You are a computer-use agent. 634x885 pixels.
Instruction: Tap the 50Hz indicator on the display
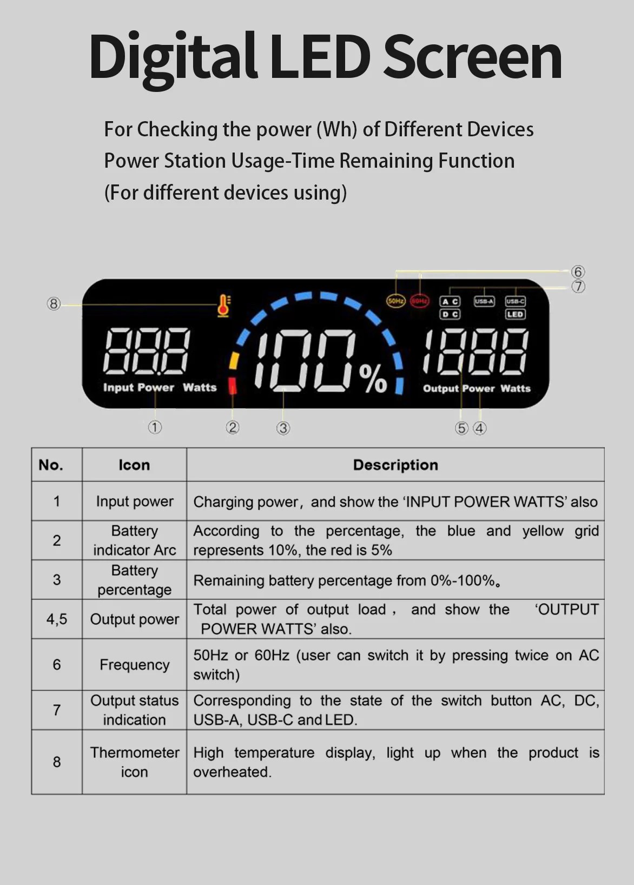tap(395, 301)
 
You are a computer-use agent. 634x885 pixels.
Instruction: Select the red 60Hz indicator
tap(419, 301)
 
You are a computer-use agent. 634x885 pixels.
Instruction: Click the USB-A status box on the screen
tap(484, 301)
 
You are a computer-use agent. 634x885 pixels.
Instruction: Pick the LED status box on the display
tap(515, 314)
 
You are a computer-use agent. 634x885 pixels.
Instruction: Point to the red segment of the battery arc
tap(233, 386)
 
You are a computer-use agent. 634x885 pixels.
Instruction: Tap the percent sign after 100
tap(373, 379)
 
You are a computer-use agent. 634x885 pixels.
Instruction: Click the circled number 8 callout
tap(53, 304)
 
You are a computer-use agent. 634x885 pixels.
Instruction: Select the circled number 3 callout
tap(283, 428)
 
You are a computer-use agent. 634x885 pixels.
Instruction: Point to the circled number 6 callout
tap(578, 272)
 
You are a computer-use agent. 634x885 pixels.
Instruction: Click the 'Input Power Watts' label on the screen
tap(160, 387)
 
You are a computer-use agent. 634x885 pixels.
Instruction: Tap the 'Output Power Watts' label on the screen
tap(477, 388)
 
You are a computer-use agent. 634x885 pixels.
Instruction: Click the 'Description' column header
tap(395, 465)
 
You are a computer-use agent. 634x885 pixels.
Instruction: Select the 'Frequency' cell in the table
tap(134, 665)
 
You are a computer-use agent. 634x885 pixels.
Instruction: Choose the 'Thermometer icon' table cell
tap(134, 762)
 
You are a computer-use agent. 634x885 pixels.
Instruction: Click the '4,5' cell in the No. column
tap(57, 619)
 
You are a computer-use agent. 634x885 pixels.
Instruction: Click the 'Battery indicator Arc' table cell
tap(134, 540)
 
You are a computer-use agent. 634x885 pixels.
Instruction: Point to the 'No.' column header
tap(51, 465)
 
